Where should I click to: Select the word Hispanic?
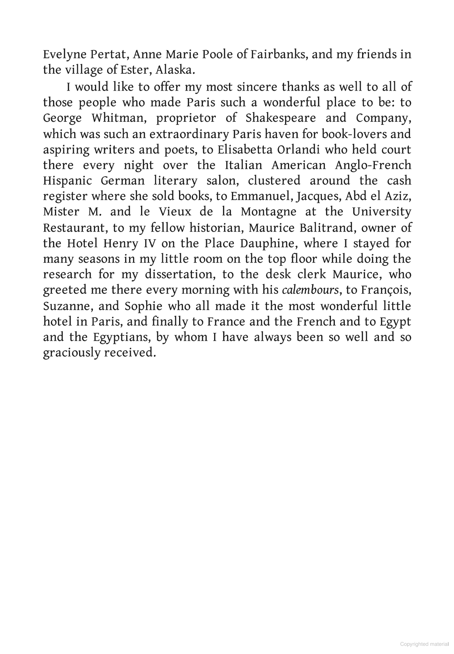[67, 181]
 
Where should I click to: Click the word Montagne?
[268, 212]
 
